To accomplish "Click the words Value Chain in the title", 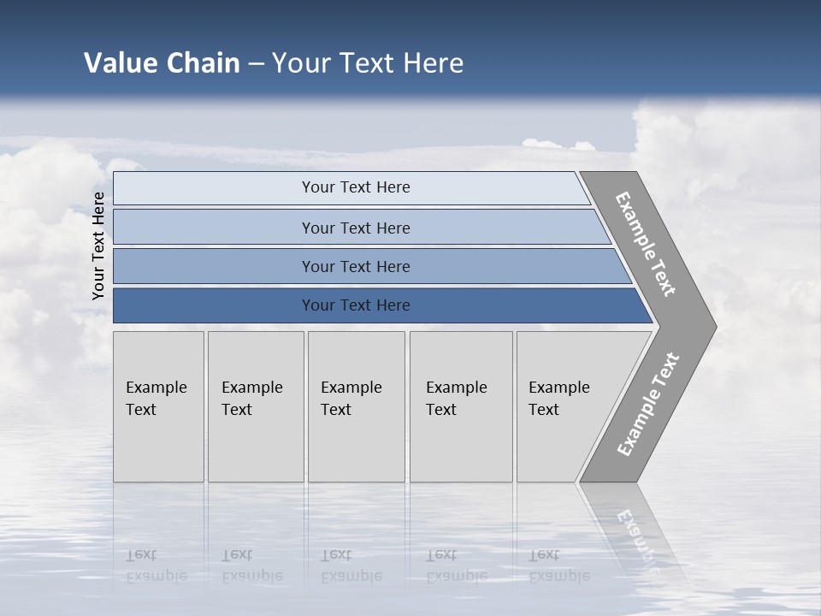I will pos(162,63).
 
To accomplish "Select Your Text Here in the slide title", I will pos(368,63).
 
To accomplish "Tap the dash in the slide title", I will pos(256,64).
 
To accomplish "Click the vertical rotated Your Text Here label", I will pos(98,246).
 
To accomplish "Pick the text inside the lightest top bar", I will pos(356,187).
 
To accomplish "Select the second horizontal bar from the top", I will pos(356,228).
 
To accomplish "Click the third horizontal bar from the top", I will pos(356,266).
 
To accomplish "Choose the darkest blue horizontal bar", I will pos(356,305).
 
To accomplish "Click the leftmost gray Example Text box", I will pos(158,406).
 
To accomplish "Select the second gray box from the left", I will pos(255,406).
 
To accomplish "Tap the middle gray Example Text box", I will pos(356,406).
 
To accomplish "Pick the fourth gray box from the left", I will pos(460,406).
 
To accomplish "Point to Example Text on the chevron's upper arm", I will pos(646,244).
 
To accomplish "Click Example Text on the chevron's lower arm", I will pos(648,405).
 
